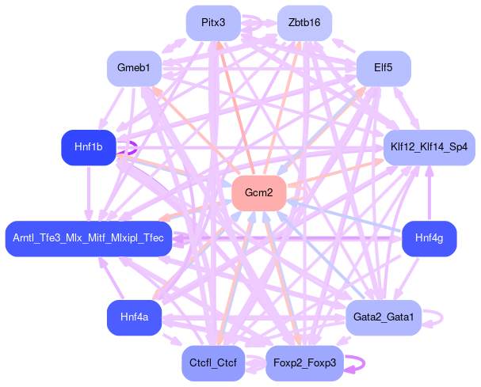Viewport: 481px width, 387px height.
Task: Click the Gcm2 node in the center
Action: [258, 193]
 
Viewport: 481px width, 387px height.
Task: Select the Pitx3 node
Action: [213, 23]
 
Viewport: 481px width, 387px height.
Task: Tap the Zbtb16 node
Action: [304, 23]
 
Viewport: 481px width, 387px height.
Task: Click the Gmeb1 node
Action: [134, 68]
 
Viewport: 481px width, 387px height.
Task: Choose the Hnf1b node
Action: [88, 147]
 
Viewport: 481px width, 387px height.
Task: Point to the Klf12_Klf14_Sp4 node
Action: [429, 147]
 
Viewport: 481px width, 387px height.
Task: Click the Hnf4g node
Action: [429, 237]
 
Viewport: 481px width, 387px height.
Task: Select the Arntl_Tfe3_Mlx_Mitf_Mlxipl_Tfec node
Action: [88, 237]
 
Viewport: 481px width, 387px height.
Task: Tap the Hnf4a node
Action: [134, 317]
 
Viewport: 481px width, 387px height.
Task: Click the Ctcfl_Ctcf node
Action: [213, 362]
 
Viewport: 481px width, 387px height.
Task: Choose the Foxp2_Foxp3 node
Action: [304, 362]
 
